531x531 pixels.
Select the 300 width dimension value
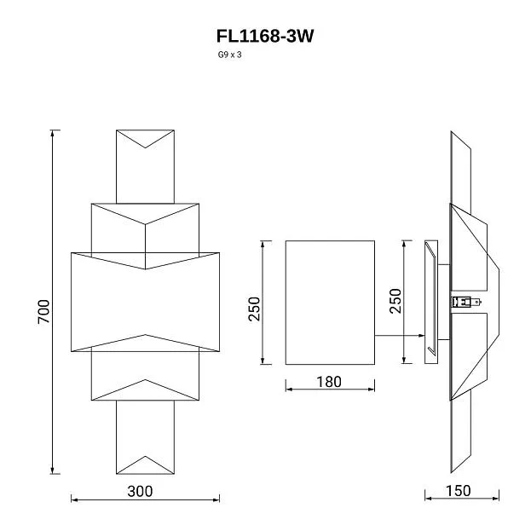pos(141,491)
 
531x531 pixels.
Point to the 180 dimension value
pos(328,382)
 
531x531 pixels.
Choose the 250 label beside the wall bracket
pos(395,301)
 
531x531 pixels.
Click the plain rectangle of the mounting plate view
pos(329,303)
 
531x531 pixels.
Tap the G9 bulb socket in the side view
pos(463,301)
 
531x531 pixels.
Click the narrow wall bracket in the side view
pos(430,303)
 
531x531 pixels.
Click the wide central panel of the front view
pos(145,303)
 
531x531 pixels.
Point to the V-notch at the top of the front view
pos(146,145)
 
